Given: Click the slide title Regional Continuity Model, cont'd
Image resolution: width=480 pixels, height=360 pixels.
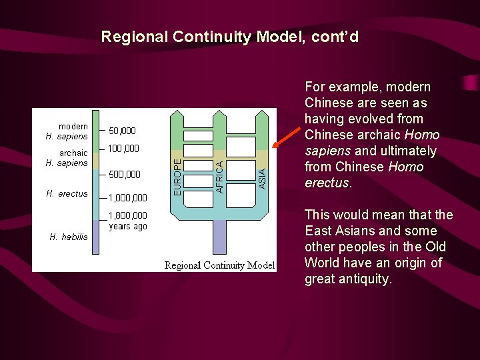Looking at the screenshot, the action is point(230,37).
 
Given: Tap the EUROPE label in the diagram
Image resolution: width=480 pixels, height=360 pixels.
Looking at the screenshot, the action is point(177,176).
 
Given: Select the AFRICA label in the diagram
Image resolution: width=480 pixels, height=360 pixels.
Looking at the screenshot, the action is point(220,176).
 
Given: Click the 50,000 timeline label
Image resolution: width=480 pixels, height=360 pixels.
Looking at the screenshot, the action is point(122,131).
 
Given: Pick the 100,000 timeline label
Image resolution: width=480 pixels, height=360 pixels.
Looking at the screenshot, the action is point(123,148).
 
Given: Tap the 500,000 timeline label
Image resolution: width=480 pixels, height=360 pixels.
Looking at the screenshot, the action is point(124,175).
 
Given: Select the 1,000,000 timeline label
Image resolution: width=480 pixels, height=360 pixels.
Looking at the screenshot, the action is point(128,197).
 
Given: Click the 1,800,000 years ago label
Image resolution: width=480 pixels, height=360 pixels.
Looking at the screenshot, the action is point(128,221).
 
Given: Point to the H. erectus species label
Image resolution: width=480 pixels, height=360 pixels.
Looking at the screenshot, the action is point(67,194).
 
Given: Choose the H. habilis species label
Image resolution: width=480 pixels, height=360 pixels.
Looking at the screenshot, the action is point(69,237).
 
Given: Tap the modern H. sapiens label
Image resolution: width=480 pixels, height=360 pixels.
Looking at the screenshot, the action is point(67,131).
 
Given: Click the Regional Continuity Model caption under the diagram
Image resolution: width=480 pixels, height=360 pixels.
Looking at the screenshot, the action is point(219,265).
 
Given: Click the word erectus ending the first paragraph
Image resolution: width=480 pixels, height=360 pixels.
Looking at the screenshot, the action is point(327,183).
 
